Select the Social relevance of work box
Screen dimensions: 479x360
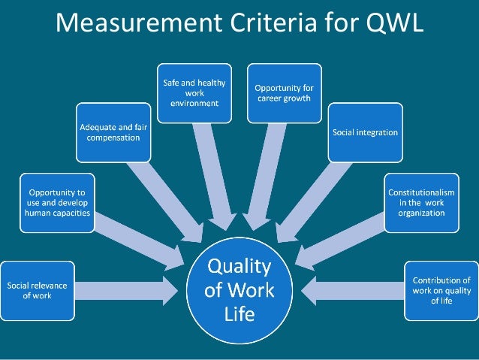37,290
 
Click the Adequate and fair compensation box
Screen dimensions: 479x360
113,133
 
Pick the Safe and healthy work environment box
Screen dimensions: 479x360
194,92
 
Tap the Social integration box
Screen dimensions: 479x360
365,133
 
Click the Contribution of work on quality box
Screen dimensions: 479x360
441,290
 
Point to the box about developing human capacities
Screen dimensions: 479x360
57,203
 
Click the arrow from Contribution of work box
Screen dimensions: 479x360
353,290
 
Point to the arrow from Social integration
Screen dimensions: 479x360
315,199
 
